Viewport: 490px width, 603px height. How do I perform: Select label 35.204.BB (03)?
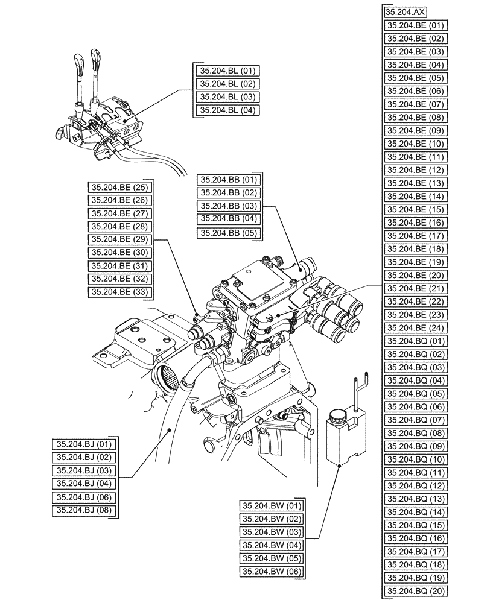[x=229, y=206]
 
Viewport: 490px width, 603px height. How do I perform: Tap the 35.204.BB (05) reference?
[x=229, y=233]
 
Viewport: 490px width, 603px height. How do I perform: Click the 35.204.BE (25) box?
[x=120, y=187]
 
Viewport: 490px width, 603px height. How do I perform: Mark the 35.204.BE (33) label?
[x=120, y=292]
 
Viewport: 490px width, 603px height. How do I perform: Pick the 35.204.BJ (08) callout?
[x=86, y=510]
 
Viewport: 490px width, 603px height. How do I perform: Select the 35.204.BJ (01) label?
[x=86, y=444]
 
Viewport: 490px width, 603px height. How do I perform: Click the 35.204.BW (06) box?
[x=272, y=572]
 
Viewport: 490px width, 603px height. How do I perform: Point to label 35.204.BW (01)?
[x=272, y=505]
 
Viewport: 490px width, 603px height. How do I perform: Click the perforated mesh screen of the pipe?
[x=168, y=380]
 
